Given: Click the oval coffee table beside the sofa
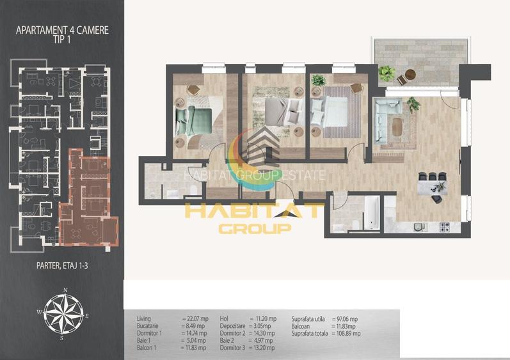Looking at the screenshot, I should pyautogui.click(x=399, y=127).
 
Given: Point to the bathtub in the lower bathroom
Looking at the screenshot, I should pyautogui.click(x=371, y=212).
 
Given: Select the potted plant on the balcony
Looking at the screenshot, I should pyautogui.click(x=386, y=72).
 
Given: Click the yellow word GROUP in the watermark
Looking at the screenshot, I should pyautogui.click(x=255, y=228).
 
